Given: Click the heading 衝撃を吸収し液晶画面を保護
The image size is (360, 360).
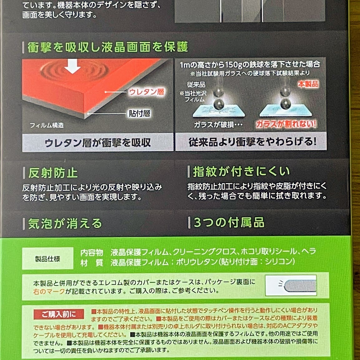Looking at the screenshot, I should point(108,47).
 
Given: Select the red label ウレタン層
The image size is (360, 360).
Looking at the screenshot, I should point(147,92).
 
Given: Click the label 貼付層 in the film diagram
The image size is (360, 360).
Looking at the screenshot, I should point(139,114).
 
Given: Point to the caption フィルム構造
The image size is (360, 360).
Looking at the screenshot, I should point(47,125).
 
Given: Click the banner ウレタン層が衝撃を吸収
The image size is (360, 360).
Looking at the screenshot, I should point(98,143).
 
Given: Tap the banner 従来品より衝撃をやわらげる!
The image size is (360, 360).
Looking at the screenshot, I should point(252,142).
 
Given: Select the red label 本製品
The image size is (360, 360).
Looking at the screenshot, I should point(308,84).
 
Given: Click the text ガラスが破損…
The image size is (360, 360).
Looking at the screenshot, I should point(218,125).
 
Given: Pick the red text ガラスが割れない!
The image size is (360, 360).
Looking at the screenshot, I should point(286,124).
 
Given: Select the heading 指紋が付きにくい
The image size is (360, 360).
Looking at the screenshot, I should point(241,171).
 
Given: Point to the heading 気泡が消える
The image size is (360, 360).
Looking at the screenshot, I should point(65,223).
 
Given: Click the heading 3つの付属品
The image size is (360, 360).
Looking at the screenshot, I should point(229,222).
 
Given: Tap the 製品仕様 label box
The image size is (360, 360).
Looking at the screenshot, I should point(47,259).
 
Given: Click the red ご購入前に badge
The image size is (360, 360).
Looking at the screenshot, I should point(59,314).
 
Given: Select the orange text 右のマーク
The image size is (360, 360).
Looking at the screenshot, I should point(49,291).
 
